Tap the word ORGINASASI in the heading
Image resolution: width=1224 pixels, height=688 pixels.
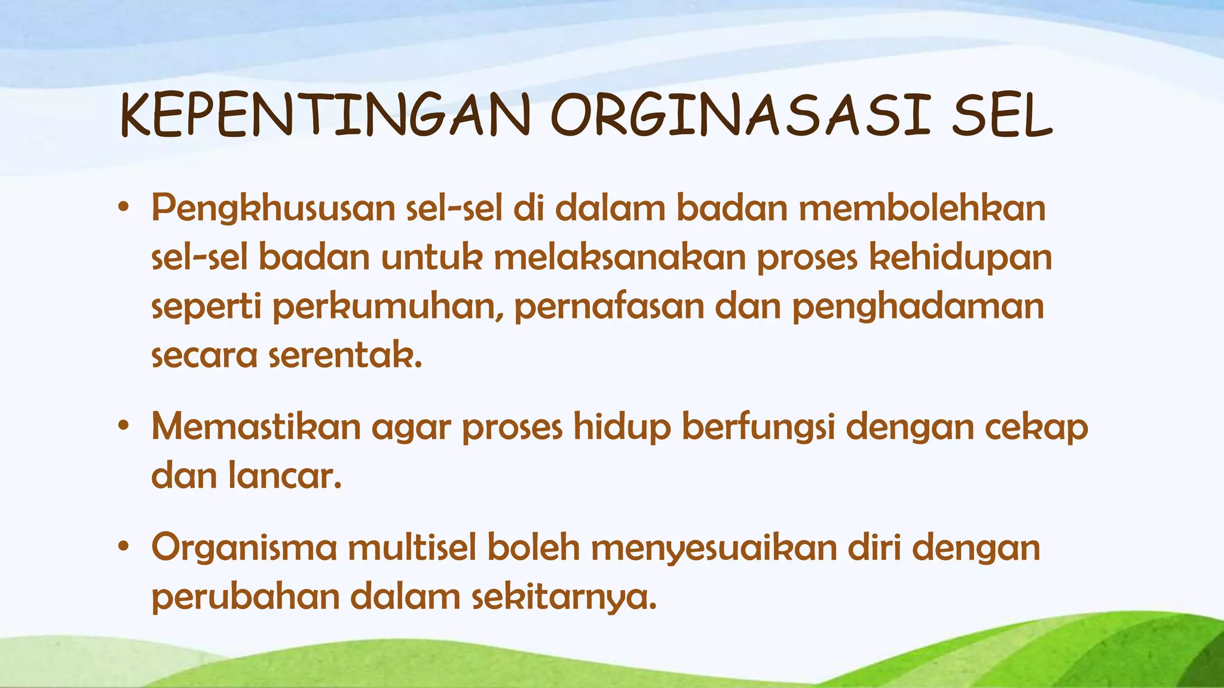[740, 116]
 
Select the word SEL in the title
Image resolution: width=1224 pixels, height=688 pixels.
[1002, 116]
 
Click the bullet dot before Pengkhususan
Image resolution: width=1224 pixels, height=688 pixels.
[124, 208]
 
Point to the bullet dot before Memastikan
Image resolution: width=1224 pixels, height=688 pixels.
[124, 426]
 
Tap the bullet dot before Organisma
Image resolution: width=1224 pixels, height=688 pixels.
[124, 546]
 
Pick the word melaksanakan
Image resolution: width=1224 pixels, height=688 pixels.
[619, 257]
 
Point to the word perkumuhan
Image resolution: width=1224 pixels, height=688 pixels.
[388, 307]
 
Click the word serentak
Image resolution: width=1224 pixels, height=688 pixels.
[345, 355]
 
